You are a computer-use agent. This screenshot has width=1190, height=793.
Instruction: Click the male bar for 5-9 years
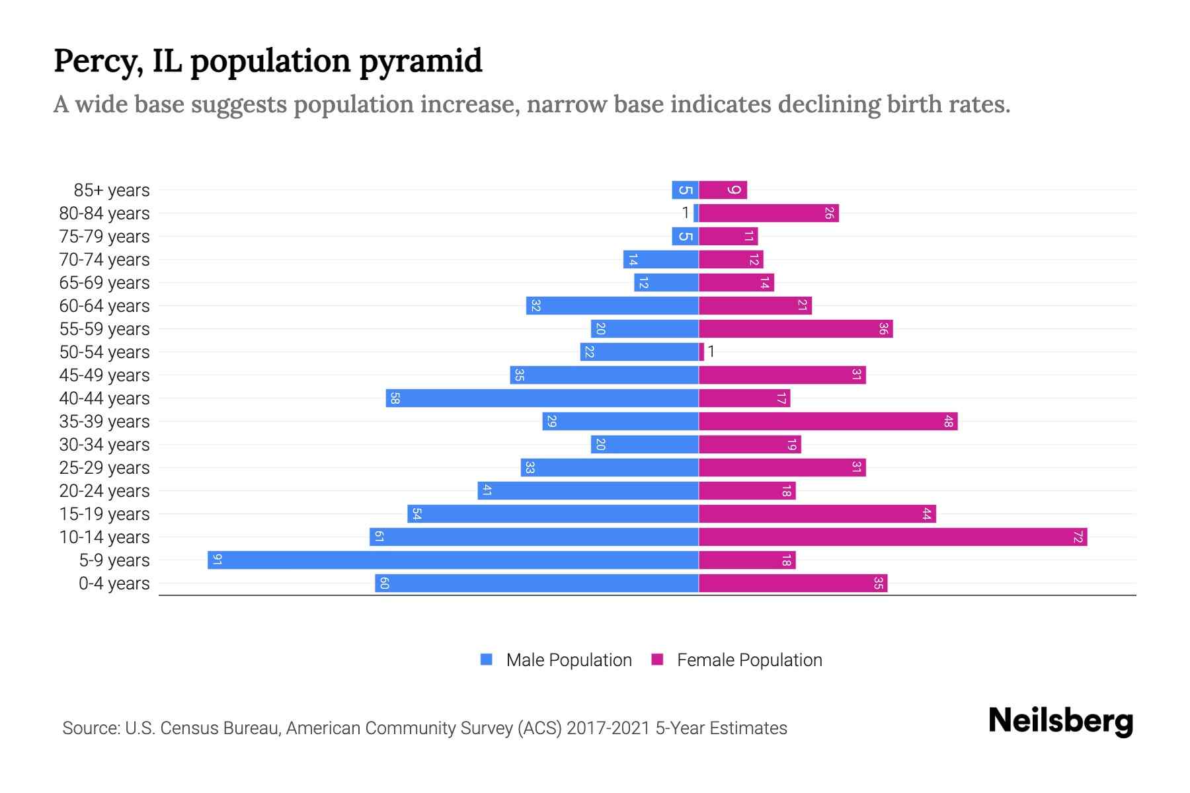[453, 560]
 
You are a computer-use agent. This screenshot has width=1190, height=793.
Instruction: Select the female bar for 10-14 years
[892, 537]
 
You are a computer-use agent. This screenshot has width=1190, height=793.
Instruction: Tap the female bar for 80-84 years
[768, 213]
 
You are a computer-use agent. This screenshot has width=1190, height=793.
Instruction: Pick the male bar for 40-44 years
[542, 398]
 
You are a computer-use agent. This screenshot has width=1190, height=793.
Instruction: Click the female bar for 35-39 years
[828, 421]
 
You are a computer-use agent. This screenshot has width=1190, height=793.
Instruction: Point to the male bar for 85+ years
[685, 190]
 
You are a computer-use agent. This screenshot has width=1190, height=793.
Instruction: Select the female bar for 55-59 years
[795, 328]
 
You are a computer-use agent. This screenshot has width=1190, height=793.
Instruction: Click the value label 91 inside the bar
[217, 560]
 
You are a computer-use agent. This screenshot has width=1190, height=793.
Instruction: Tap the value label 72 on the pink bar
[1078, 537]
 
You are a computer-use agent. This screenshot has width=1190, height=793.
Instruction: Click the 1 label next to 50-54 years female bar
[711, 352]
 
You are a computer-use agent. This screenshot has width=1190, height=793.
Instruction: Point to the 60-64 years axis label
[104, 306]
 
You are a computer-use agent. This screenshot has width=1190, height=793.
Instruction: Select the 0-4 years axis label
[114, 584]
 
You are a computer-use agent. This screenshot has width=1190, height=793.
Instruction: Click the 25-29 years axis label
[104, 468]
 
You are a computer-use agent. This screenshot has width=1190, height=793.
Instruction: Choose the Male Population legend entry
[568, 660]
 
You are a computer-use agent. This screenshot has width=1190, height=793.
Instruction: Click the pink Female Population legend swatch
[657, 660]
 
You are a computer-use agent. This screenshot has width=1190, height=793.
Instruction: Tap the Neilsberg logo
[1060, 721]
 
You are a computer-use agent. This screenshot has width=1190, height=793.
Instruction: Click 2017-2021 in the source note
[608, 728]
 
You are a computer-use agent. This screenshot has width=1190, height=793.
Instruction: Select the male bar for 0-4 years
[536, 583]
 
